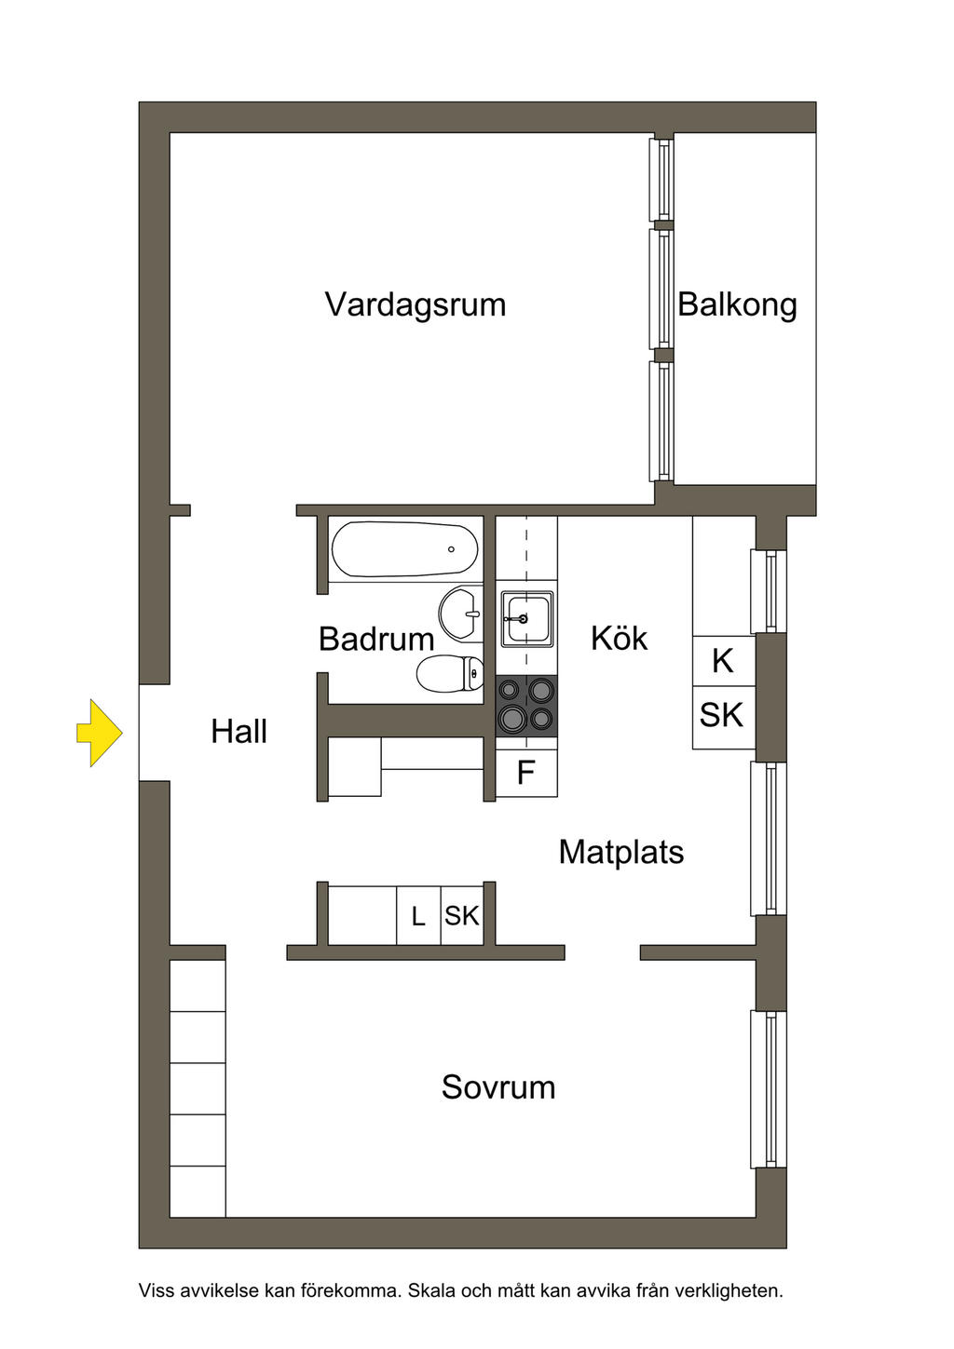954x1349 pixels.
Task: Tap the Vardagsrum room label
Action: click(x=416, y=304)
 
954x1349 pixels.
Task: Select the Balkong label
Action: click(x=737, y=304)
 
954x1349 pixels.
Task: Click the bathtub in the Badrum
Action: click(x=405, y=548)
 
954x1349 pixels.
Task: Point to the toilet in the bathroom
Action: click(x=450, y=673)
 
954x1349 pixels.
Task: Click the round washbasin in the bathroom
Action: click(x=461, y=614)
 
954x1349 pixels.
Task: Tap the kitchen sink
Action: click(x=526, y=618)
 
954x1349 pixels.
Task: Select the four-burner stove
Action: click(x=526, y=706)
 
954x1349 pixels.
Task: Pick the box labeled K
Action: click(x=723, y=661)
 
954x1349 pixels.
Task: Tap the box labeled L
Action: click(x=418, y=915)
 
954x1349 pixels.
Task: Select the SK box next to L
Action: click(x=462, y=915)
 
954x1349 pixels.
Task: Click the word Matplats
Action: click(x=621, y=852)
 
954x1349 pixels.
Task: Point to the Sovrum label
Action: click(x=498, y=1087)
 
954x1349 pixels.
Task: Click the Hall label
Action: click(x=238, y=732)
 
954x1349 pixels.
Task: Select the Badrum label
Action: click(x=376, y=639)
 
